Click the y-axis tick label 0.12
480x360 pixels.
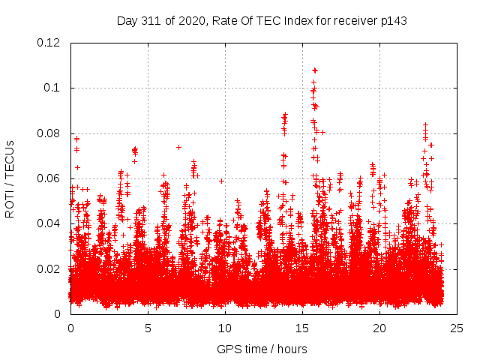click(49, 43)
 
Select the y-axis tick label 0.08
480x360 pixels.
click(49, 133)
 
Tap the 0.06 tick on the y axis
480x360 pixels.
click(49, 178)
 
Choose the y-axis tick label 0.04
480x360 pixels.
click(49, 223)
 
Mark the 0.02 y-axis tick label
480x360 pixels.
click(49, 268)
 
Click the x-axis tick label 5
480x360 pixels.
click(148, 328)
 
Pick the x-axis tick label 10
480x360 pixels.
click(225, 328)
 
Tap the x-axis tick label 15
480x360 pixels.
click(302, 328)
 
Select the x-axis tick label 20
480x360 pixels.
click(379, 328)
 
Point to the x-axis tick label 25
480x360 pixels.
click(457, 328)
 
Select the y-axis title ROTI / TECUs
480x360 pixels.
click(10, 178)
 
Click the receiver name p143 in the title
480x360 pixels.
click(392, 20)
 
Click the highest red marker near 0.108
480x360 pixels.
click(315, 70)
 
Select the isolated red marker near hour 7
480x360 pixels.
click(178, 147)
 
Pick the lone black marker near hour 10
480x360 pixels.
click(221, 181)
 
